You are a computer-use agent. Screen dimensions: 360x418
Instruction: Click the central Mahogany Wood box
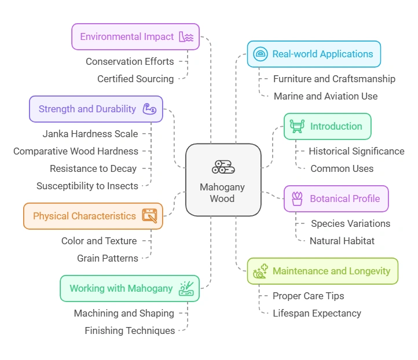tap(223, 179)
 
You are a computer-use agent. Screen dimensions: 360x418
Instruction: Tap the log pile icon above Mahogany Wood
tap(223, 167)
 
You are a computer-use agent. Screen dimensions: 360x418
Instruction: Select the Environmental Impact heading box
tap(135, 36)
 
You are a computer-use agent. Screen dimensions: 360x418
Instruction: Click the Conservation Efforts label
tap(130, 61)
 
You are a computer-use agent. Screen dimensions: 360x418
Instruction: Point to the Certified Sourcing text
tap(135, 79)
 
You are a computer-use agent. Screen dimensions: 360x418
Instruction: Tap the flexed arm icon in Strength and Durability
tap(149, 109)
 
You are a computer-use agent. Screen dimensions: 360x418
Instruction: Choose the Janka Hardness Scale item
tap(90, 134)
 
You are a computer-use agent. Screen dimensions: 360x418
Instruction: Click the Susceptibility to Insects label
tap(87, 186)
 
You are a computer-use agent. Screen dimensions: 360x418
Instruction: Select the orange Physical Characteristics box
tap(93, 216)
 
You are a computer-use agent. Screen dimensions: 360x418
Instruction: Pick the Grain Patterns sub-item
tap(108, 258)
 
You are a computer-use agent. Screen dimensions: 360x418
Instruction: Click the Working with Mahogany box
tap(130, 288)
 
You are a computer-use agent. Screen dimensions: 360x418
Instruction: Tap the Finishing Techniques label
tap(130, 330)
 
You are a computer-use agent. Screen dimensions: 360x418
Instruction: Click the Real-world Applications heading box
tap(314, 54)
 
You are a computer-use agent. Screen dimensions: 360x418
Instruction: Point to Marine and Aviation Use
tap(325, 96)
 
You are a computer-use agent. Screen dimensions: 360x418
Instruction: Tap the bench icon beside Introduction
tap(297, 126)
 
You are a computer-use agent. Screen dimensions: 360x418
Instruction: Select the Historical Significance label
tap(356, 151)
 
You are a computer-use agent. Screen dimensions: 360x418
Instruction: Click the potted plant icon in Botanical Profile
tap(297, 199)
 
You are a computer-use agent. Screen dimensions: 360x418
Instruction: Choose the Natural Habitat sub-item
tap(342, 241)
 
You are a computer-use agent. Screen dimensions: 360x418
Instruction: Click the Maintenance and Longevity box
tap(322, 271)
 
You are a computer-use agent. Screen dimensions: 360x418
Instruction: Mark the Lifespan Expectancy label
tap(317, 313)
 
